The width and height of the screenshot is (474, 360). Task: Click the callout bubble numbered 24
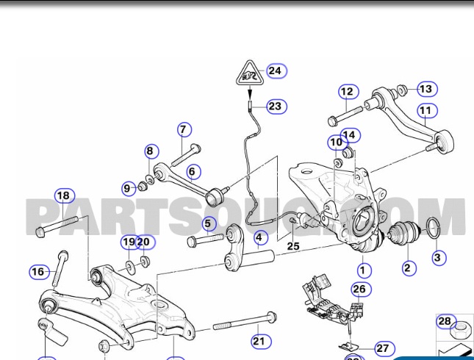[275, 71]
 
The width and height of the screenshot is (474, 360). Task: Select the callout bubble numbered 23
[274, 106]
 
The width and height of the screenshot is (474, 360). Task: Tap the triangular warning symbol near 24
[251, 74]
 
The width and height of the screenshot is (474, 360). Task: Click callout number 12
[347, 92]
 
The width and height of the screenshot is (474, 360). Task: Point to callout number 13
[425, 89]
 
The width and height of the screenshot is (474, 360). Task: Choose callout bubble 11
[427, 111]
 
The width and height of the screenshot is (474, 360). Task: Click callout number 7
[183, 130]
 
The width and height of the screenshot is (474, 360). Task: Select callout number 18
[65, 195]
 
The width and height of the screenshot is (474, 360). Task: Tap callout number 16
[38, 272]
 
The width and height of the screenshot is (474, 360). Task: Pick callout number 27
[384, 348]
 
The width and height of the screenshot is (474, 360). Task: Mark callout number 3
[438, 257]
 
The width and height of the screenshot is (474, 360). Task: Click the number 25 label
[293, 245]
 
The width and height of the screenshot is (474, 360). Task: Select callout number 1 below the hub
[365, 271]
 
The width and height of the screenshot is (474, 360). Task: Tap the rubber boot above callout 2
[402, 234]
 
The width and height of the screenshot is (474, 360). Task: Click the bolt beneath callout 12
[345, 115]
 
